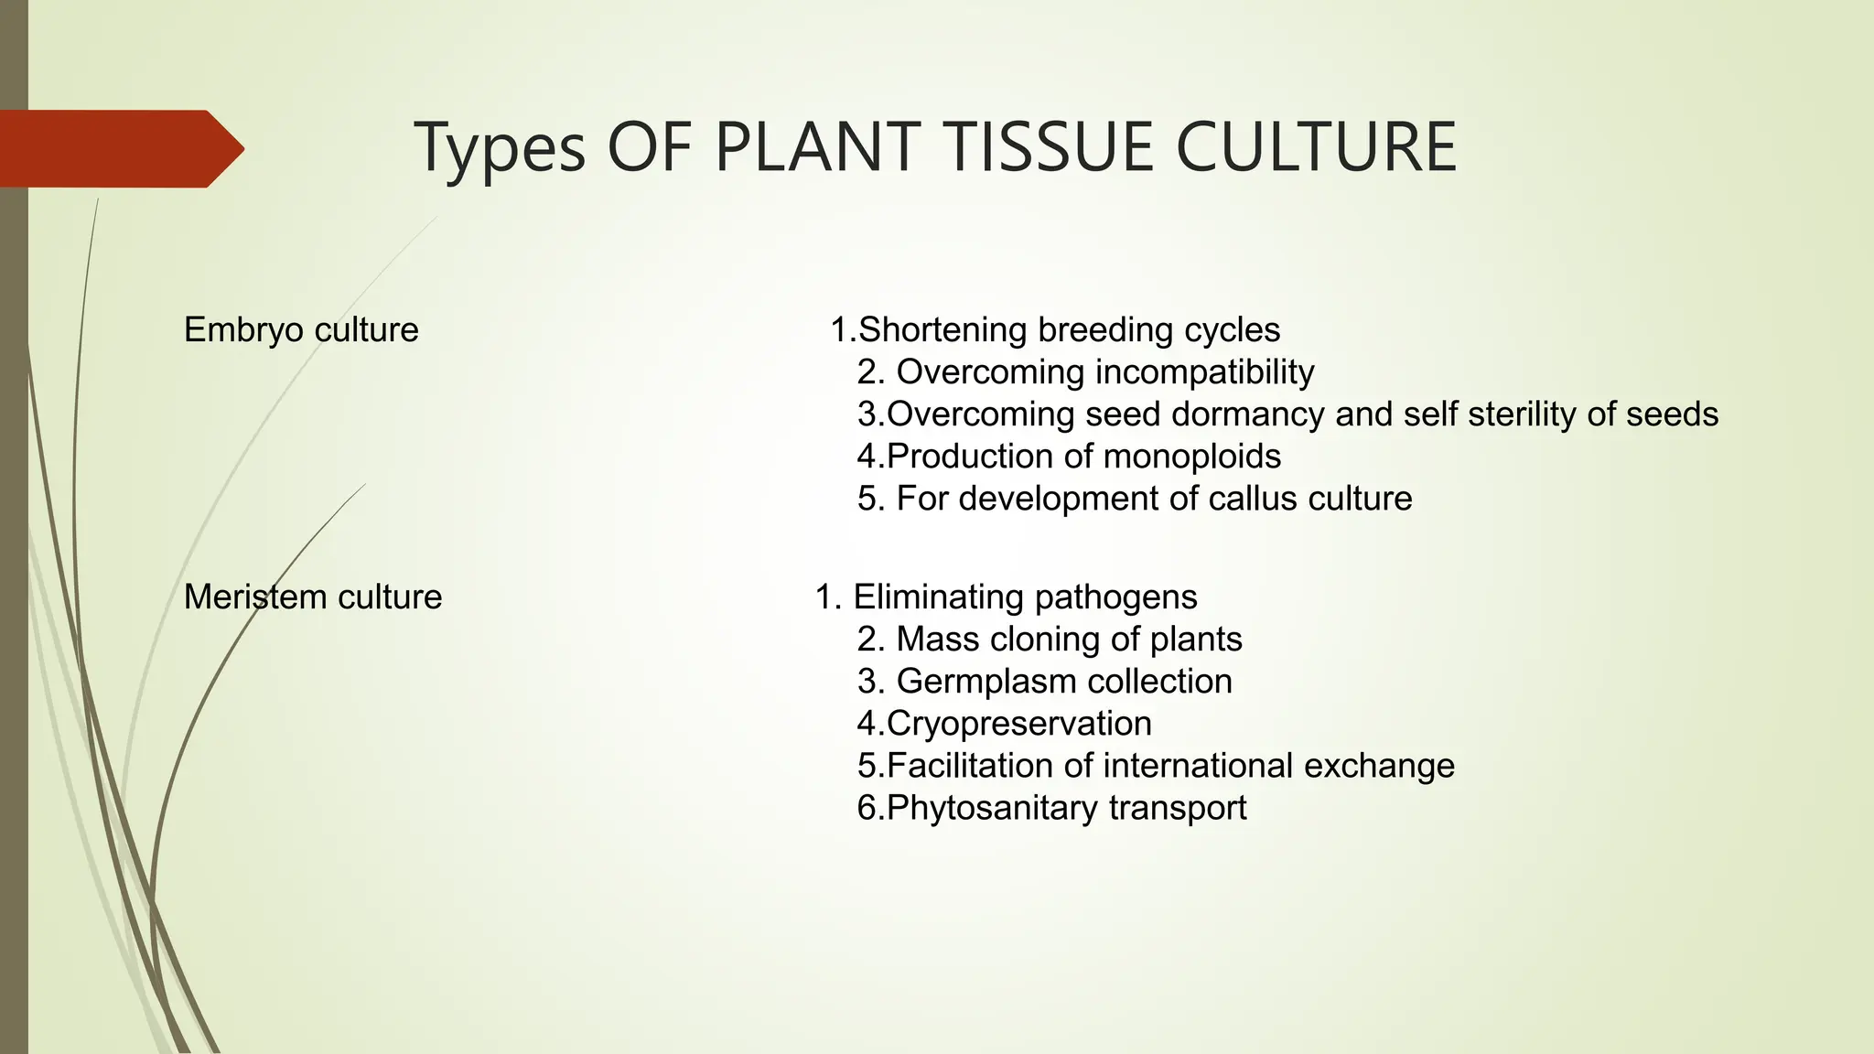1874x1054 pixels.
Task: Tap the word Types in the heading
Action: point(500,147)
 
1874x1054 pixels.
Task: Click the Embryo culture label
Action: point(301,329)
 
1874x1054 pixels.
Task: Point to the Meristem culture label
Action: point(313,597)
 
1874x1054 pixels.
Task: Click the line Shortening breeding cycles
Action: point(1055,329)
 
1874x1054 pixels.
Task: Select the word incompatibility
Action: point(1204,371)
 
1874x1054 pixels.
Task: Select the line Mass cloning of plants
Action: point(1050,639)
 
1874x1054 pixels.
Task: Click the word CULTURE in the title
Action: point(1316,147)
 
